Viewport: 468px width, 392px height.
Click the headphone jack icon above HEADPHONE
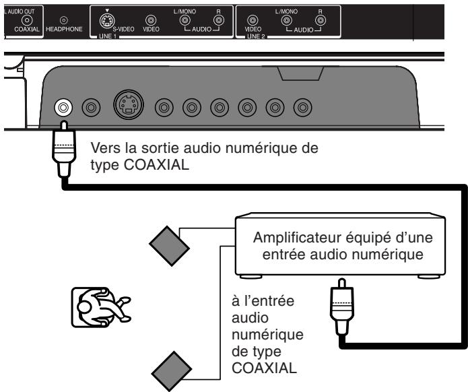[x=64, y=21]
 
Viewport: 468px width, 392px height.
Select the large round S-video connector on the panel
[x=128, y=107]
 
